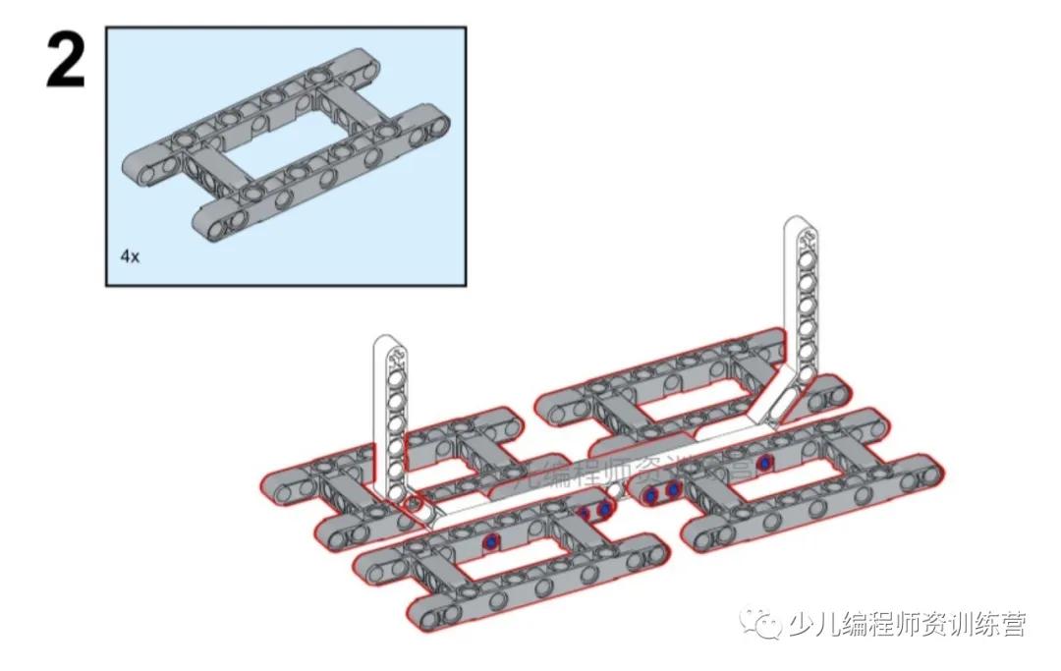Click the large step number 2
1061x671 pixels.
(x=66, y=61)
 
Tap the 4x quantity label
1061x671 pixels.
(x=130, y=256)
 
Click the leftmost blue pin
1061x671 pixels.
(x=489, y=542)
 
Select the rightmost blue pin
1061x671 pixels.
(x=763, y=462)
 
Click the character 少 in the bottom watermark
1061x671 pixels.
(x=801, y=625)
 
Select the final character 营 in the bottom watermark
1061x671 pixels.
(x=1013, y=625)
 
